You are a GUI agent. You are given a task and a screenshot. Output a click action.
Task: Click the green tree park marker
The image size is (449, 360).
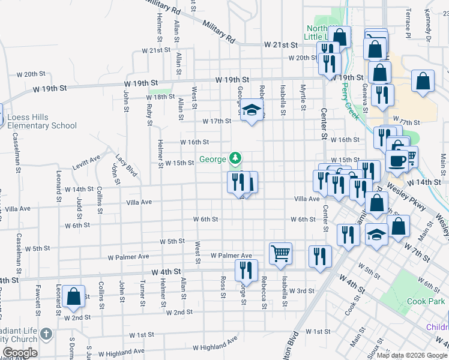pos(236,159)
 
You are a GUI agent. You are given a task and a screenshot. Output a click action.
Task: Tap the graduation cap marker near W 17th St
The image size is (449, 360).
pos(252,110)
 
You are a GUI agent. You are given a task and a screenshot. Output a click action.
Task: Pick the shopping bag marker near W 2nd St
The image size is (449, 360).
pos(74,296)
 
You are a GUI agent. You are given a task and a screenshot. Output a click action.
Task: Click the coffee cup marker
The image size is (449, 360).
pos(397,160)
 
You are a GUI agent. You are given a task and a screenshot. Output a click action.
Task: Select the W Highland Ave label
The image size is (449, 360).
pos(215,346)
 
